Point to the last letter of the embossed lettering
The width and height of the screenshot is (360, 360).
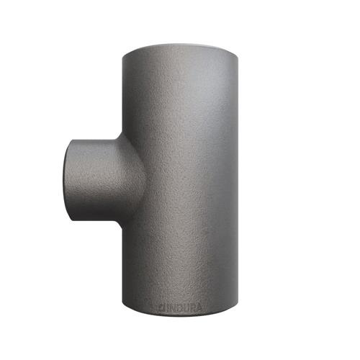199,308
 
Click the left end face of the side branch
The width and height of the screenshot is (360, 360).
66,181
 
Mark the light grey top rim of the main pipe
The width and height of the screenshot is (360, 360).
181,48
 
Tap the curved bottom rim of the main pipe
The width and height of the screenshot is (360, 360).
181,312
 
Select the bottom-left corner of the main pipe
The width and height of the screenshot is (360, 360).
122,303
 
